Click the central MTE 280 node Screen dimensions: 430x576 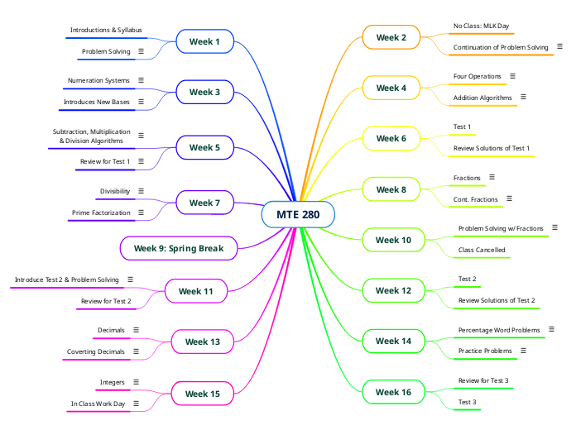[x=298, y=215]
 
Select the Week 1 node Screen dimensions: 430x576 [x=204, y=41]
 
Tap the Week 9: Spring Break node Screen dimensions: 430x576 [x=179, y=248]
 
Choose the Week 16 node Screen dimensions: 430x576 [x=393, y=392]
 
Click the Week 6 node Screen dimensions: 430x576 [x=391, y=138]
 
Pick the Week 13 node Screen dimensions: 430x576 [x=202, y=342]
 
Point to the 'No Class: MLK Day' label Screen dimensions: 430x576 [x=481, y=26]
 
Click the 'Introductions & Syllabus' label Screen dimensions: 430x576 [x=106, y=30]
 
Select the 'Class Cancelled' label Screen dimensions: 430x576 [x=482, y=250]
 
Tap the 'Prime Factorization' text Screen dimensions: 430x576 [x=101, y=213]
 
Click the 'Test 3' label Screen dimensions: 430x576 [x=467, y=402]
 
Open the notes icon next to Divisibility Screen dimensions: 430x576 [x=141, y=191]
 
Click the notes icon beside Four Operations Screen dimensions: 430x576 [x=512, y=76]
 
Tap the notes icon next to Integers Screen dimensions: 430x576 [x=136, y=382]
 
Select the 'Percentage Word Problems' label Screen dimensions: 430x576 [x=499, y=330]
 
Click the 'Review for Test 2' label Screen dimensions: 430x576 [x=106, y=301]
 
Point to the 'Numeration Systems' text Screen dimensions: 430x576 [x=98, y=80]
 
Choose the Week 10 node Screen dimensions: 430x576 [x=393, y=240]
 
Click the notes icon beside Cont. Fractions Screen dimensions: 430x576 [x=509, y=199]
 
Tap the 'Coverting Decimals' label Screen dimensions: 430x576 [x=96, y=351]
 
